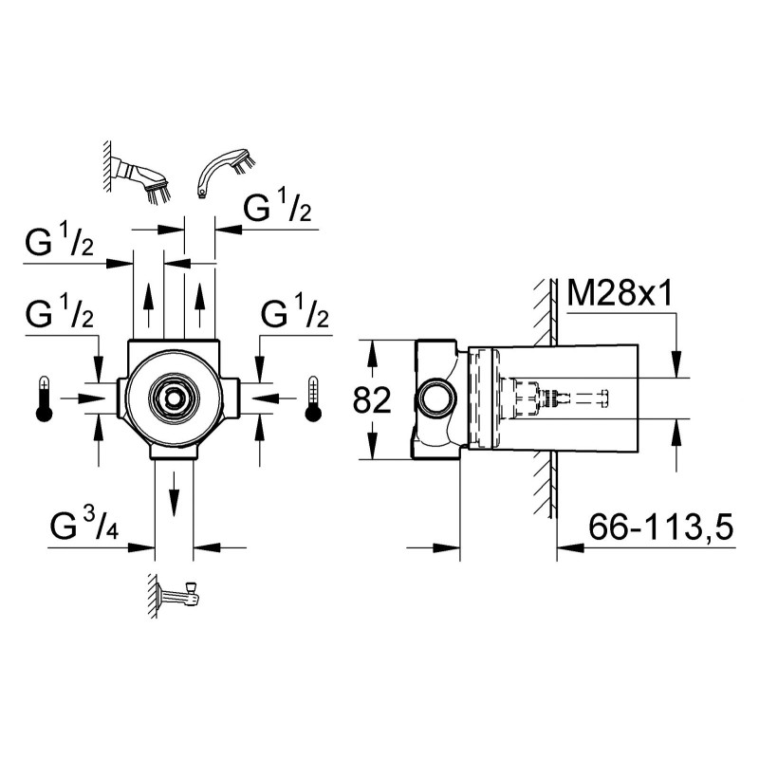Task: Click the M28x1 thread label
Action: tap(620, 293)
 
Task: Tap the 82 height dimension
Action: tap(372, 400)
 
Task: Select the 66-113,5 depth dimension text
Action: tap(660, 527)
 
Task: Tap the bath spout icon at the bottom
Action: tap(176, 595)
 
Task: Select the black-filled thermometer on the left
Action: tap(44, 398)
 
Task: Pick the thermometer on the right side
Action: tap(313, 398)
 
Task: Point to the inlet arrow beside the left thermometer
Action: tap(83, 398)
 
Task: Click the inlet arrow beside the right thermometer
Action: tap(274, 398)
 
